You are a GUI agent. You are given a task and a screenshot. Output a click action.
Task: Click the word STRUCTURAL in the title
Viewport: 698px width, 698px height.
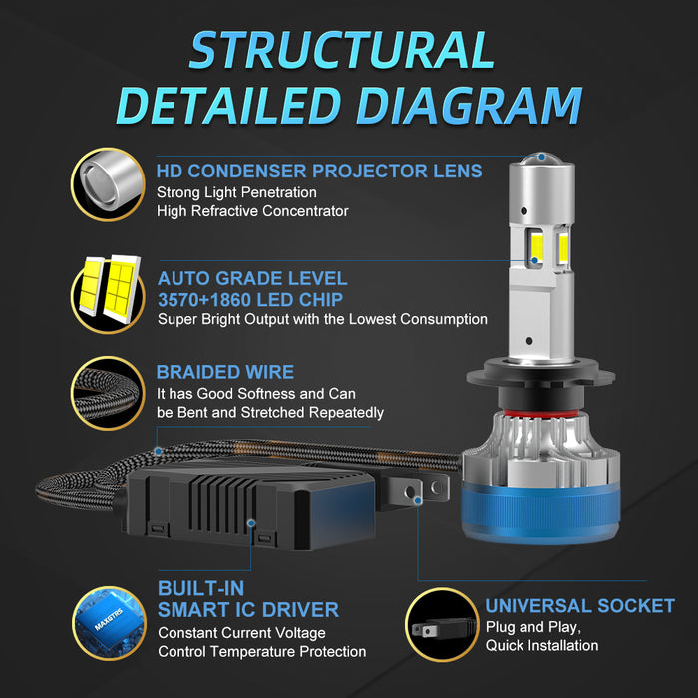pos(342,50)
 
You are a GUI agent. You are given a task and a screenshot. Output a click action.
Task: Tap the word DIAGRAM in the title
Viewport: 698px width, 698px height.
pos(469,106)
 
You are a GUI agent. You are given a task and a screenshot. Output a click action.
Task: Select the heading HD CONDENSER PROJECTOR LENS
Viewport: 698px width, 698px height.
pos(319,171)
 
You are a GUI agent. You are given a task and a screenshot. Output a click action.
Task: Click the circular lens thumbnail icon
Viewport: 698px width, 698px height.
pos(108,184)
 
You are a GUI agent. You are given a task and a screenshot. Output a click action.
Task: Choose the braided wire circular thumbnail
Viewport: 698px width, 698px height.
pos(108,393)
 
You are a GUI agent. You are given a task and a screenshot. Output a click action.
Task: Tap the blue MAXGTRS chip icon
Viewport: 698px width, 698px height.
pos(109,623)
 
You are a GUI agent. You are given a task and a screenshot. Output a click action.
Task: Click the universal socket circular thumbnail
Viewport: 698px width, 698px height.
pos(442,624)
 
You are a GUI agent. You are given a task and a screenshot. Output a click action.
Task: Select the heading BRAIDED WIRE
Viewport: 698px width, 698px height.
pos(224,372)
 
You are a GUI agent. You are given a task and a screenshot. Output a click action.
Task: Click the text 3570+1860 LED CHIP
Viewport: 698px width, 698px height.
pos(250,300)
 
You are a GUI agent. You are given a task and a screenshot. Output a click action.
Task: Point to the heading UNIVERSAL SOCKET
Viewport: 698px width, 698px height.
pos(579,606)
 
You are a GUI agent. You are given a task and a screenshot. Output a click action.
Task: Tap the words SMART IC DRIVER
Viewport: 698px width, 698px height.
pos(248,610)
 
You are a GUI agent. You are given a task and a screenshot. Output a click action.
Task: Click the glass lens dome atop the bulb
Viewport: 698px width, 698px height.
pos(541,158)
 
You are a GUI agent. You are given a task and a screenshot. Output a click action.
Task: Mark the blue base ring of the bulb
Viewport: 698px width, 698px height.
pos(540,516)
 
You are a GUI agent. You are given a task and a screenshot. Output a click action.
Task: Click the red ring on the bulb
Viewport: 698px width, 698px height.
pos(541,414)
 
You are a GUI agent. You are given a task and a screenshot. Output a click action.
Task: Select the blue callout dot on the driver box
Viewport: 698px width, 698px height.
pos(251,523)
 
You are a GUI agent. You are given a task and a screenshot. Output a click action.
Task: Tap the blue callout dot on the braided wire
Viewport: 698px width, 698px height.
pos(158,452)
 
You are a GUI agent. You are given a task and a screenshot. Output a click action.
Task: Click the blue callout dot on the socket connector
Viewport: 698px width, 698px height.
pos(418,501)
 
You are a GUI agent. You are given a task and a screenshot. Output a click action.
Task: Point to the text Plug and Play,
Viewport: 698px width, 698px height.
pos(533,627)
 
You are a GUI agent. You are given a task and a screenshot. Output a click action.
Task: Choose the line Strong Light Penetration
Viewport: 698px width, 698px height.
pos(236,192)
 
